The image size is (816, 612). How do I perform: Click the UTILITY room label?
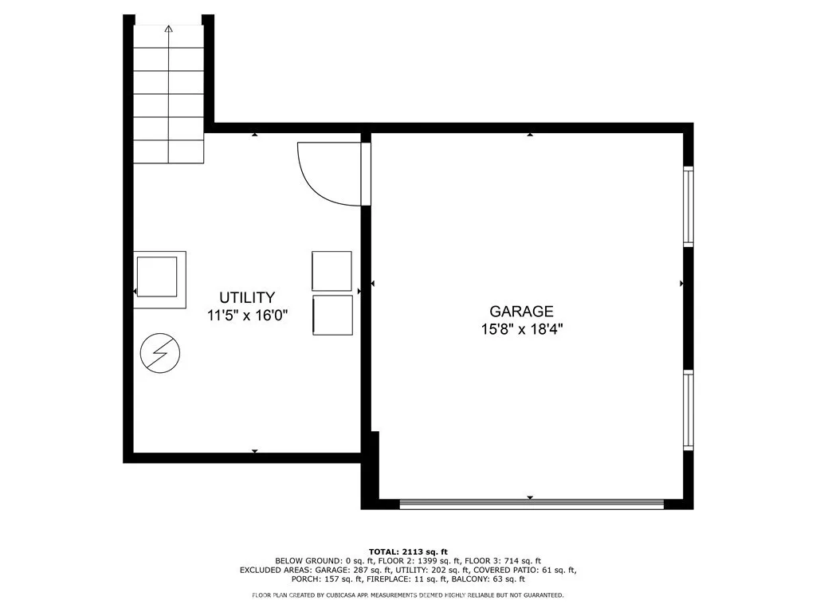[x=247, y=298]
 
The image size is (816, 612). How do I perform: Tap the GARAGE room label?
[x=521, y=312]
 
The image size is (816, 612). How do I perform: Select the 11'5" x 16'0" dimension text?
[x=247, y=316]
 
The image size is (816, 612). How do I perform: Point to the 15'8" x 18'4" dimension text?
[x=522, y=329]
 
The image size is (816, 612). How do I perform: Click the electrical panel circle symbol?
[x=160, y=353]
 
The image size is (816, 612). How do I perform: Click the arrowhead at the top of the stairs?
[x=168, y=29]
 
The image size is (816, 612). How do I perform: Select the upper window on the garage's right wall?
[x=688, y=206]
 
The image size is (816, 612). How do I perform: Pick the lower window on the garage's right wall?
[x=688, y=410]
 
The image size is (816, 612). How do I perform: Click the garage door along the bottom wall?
[x=532, y=504]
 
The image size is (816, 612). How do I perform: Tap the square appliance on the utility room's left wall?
[x=159, y=280]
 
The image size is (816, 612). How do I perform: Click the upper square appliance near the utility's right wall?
[x=332, y=271]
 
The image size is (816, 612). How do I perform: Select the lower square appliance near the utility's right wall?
[x=332, y=316]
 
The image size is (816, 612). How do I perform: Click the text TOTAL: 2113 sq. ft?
[x=408, y=551]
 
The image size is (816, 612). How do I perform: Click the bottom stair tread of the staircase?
[x=169, y=152]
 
